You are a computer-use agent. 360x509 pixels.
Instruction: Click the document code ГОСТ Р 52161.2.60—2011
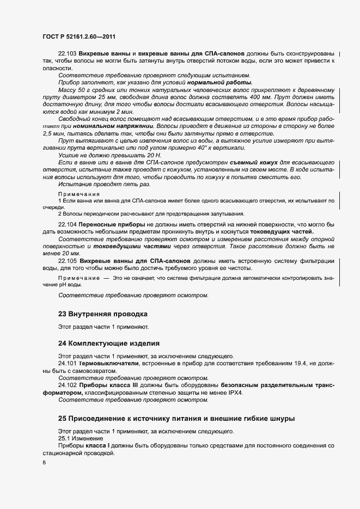(78, 37)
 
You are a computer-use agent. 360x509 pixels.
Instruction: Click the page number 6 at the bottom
(44, 462)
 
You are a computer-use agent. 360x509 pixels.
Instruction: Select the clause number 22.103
(67, 54)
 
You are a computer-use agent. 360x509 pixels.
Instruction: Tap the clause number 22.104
(67, 224)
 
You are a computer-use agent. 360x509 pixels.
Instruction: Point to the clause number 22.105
(67, 261)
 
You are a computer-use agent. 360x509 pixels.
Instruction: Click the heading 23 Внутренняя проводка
(103, 314)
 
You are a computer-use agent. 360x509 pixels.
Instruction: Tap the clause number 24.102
(67, 385)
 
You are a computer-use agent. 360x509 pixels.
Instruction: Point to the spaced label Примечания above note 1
(79, 194)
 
